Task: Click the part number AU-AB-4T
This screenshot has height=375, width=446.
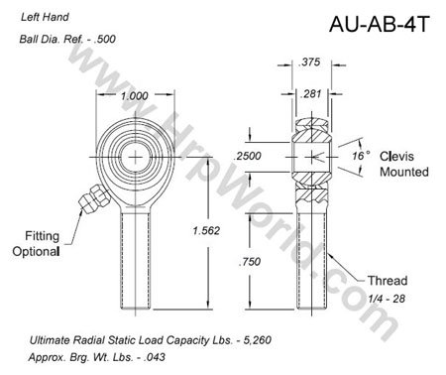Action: [x=379, y=26]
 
